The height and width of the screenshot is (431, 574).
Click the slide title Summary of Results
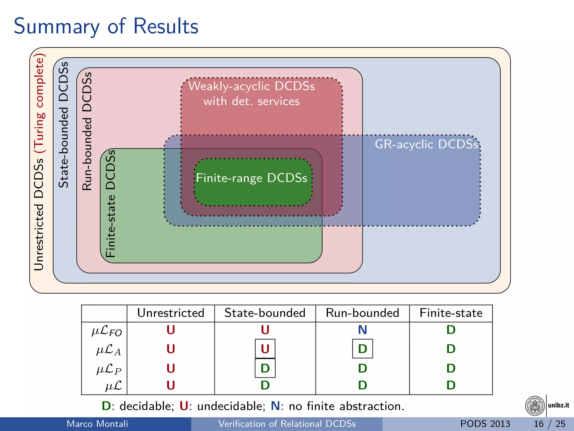tap(106, 26)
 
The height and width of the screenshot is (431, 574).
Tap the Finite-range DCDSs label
tap(251, 178)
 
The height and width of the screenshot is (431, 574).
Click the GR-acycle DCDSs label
tap(426, 145)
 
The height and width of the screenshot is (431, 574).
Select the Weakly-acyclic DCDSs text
tap(251, 86)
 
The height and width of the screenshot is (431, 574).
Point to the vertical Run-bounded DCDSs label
tap(87, 131)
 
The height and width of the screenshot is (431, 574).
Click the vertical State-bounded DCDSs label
tap(64, 125)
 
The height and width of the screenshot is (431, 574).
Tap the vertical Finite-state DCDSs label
tap(111, 203)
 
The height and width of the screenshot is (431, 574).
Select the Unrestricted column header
tap(171, 313)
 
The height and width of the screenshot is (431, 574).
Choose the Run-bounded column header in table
tap(362, 313)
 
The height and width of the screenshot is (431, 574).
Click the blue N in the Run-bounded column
tap(362, 330)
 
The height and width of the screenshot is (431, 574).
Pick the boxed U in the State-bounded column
tap(265, 349)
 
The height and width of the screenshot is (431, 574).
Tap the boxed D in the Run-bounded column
tap(362, 349)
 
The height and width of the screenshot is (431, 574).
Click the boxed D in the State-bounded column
tap(265, 368)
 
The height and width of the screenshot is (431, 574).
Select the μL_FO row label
tap(107, 331)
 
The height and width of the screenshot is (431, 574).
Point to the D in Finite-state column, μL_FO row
tap(451, 330)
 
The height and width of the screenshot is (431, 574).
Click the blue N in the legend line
tap(275, 406)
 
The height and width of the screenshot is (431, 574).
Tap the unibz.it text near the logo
tap(558, 405)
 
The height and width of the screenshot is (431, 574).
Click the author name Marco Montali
tap(97, 424)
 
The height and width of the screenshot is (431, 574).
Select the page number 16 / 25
tap(549, 424)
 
